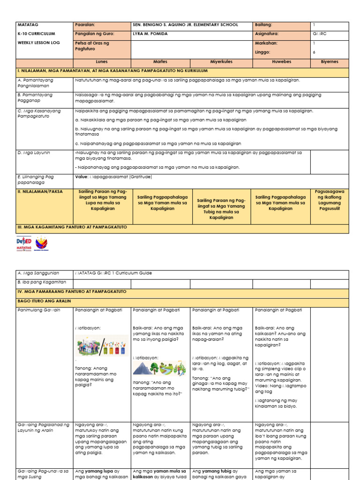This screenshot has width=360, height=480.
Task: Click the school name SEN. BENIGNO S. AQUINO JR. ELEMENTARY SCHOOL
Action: [x=186, y=25]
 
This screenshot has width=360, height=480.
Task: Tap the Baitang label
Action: [x=263, y=25]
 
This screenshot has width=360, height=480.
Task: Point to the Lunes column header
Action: [x=102, y=61]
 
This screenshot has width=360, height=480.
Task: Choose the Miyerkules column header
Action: [x=221, y=61]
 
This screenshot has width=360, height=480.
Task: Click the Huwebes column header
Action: [x=281, y=61]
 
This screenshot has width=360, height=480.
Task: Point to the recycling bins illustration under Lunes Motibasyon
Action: [x=102, y=346]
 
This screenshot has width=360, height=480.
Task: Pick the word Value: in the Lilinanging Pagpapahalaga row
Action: [x=82, y=177]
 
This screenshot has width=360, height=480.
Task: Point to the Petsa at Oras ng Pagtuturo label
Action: [x=92, y=46]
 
